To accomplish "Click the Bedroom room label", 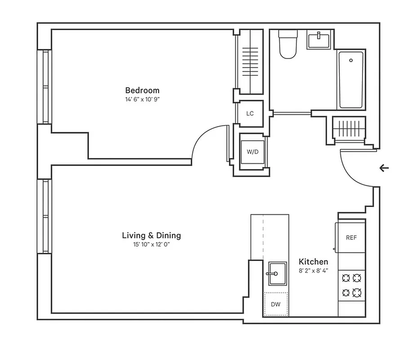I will pyautogui.click(x=142, y=90).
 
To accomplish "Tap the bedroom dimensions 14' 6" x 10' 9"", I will pyautogui.click(x=142, y=99).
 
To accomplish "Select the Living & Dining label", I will pyautogui.click(x=151, y=235).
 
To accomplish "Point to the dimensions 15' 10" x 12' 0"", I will pyautogui.click(x=151, y=245).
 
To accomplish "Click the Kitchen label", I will pyautogui.click(x=313, y=261).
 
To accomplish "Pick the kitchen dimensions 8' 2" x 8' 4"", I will pyautogui.click(x=313, y=271).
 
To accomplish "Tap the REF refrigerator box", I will pyautogui.click(x=351, y=238).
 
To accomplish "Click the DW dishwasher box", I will pyautogui.click(x=276, y=304).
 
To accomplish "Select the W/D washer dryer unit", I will pyautogui.click(x=253, y=152).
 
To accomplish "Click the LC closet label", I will pyautogui.click(x=250, y=113).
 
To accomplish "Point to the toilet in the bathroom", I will pyautogui.click(x=286, y=45).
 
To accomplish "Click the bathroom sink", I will pyautogui.click(x=320, y=39).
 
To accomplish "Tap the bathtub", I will pyautogui.click(x=351, y=80).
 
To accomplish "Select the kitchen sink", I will pyautogui.click(x=277, y=274).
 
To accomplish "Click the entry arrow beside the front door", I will pyautogui.click(x=384, y=168).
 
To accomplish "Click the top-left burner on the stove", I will pyautogui.click(x=346, y=278).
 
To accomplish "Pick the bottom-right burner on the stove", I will pyautogui.click(x=357, y=292).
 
